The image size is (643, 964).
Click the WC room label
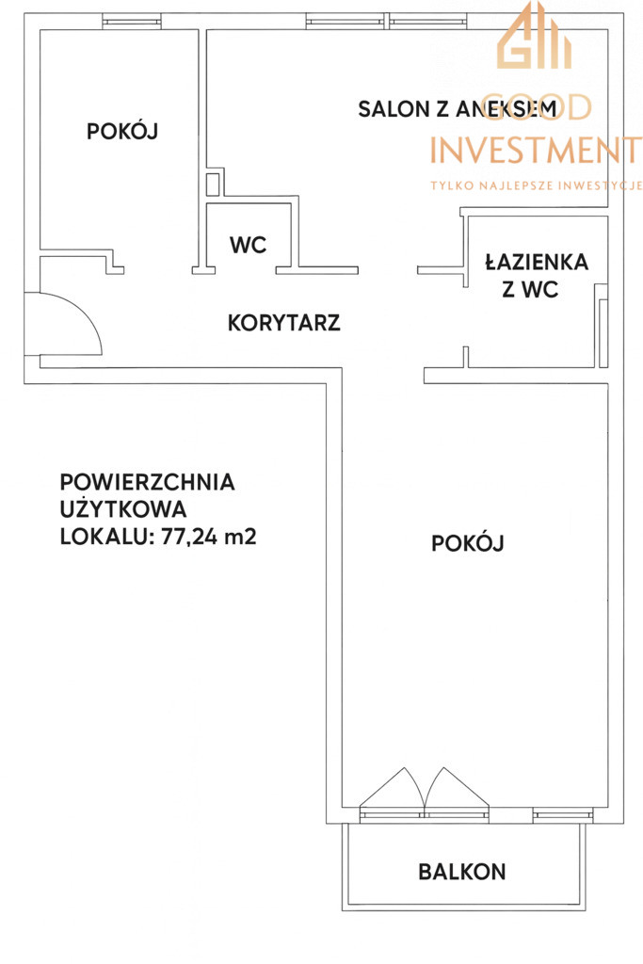coord(249,245)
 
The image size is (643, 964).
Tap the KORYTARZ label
coord(284,323)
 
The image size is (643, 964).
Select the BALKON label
coord(461,871)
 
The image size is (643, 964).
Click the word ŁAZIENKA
coord(537,263)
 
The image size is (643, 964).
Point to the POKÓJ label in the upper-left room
coord(122,131)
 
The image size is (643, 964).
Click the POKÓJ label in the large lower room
coord(468,543)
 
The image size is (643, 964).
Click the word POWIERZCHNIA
coord(148,482)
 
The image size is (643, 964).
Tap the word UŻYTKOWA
coord(123,508)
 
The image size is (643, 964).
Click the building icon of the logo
coord(534,36)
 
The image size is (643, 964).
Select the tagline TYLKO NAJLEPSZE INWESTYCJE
coord(536,185)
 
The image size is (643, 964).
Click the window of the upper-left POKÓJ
coord(132,23)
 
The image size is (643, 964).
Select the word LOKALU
coord(102,537)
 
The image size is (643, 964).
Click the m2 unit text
coord(240,537)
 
